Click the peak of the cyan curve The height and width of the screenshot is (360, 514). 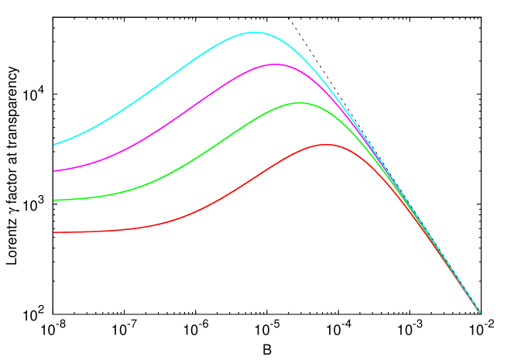[254, 33]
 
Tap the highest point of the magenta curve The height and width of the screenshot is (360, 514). [275, 64]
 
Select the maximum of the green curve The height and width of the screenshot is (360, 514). [300, 102]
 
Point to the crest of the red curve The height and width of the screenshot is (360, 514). [326, 144]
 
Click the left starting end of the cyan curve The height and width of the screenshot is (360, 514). [54, 144]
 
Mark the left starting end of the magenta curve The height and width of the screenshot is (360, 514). [54, 170]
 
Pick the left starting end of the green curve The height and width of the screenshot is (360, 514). [54, 200]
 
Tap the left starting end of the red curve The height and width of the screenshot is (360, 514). [54, 232]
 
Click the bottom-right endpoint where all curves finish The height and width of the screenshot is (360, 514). [480, 313]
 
